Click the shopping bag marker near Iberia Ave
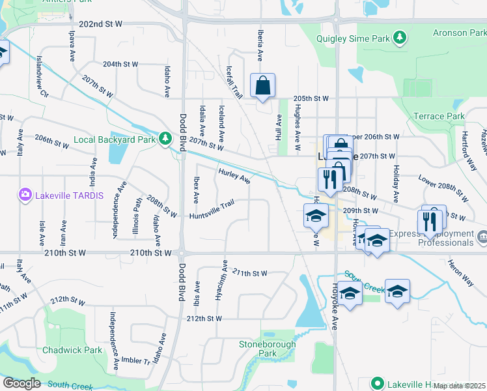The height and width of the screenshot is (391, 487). (x=262, y=86)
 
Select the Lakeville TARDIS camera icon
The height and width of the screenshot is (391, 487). (x=25, y=194)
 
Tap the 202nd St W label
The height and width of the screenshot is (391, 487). (x=100, y=24)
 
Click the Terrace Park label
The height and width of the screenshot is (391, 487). (x=439, y=117)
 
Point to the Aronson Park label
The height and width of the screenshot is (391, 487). (x=459, y=33)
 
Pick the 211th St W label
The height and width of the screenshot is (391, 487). (x=249, y=273)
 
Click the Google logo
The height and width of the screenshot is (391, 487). (x=21, y=383)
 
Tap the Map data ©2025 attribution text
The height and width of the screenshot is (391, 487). (x=460, y=386)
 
